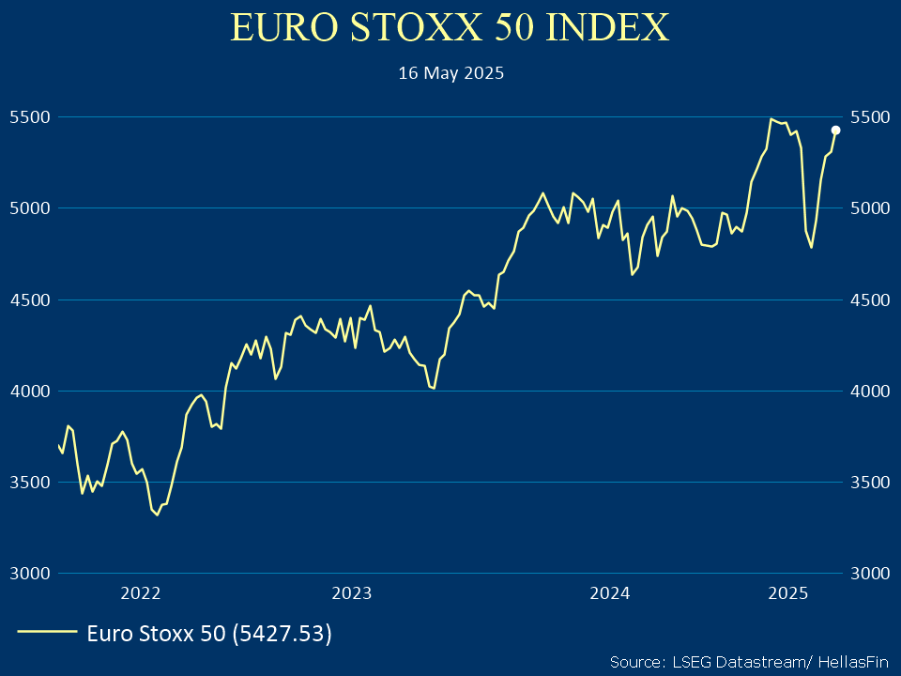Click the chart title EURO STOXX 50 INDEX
point(450,28)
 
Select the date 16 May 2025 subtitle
point(450,73)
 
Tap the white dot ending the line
point(835,131)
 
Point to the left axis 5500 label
point(28,117)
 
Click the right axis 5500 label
point(869,117)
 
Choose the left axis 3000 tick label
point(28,574)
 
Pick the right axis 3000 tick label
point(869,574)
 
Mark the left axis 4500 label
point(28,300)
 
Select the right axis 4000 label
point(869,392)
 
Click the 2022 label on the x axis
point(141,593)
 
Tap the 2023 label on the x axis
point(352,593)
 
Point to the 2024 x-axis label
point(609,593)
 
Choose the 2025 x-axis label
point(788,593)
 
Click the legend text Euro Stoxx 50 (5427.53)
point(209,634)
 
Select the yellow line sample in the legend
point(47,634)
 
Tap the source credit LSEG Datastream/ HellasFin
point(747,661)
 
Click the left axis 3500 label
point(28,483)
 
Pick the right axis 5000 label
point(869,208)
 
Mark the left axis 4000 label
point(28,392)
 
